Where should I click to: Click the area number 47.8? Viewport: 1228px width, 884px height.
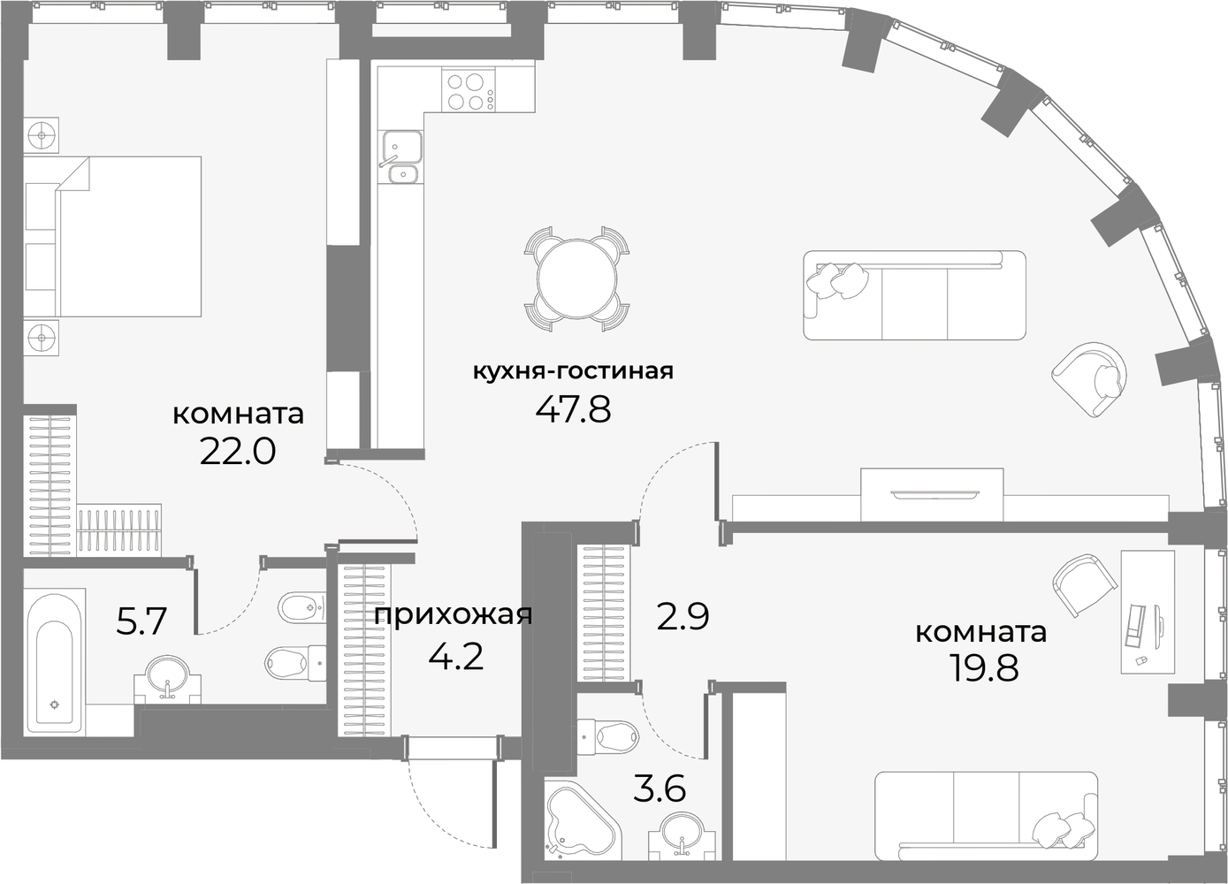click(x=573, y=409)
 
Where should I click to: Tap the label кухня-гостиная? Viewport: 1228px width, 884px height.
click(x=573, y=370)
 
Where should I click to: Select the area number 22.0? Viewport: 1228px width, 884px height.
click(x=238, y=452)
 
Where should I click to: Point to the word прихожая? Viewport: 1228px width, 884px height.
click(x=454, y=615)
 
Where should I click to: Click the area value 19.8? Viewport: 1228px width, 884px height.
click(x=984, y=668)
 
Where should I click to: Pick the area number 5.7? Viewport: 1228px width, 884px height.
click(x=141, y=621)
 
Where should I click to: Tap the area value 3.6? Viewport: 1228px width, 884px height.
click(x=660, y=788)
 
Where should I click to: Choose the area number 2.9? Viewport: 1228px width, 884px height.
click(x=683, y=615)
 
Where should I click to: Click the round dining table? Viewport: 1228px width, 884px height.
click(x=578, y=279)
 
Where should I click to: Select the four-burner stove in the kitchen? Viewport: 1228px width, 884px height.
click(x=469, y=91)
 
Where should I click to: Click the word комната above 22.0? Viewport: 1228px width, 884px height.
click(x=238, y=414)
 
